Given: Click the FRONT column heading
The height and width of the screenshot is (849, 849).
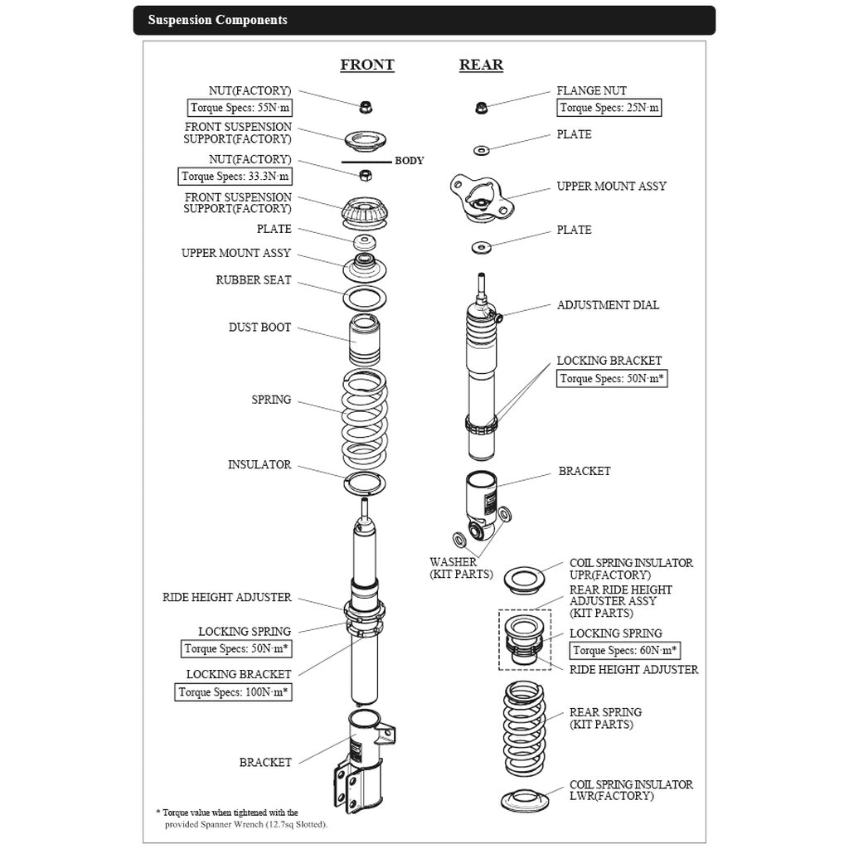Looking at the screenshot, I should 366,65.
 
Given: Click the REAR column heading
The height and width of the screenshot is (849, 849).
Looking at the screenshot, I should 481,65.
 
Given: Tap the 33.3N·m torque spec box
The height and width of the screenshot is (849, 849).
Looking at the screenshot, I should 235,176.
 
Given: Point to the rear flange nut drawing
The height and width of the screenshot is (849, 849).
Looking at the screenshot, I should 480,107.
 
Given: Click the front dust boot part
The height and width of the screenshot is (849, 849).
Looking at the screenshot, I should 365,340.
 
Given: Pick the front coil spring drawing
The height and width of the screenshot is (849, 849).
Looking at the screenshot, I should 365,419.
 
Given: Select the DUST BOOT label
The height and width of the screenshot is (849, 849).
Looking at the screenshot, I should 260,327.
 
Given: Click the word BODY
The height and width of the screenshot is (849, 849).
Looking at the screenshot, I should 409,161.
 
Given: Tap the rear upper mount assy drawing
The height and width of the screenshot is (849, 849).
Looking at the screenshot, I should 478,198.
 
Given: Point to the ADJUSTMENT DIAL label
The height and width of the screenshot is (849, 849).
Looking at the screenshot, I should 608,305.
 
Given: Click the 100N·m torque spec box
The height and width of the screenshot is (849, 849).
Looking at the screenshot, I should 234,691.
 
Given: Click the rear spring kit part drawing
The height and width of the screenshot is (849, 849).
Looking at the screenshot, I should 524,727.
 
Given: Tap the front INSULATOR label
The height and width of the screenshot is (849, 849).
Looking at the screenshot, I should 260,465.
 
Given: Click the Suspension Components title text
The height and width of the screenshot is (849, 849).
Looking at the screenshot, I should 217,20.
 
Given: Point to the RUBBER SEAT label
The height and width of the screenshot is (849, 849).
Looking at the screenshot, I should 254,280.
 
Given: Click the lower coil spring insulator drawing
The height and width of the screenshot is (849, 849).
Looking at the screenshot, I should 526,801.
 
